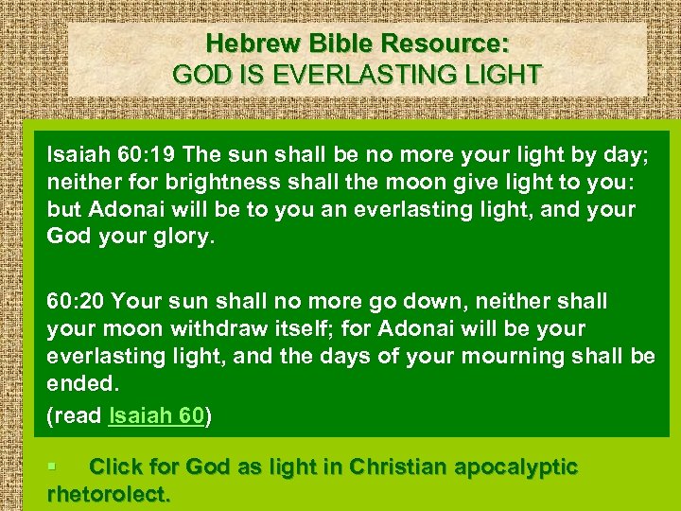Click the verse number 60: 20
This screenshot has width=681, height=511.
pyautogui.click(x=79, y=302)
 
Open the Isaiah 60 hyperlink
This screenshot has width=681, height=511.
pyautogui.click(x=157, y=415)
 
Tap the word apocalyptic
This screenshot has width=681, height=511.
pyautogui.click(x=515, y=467)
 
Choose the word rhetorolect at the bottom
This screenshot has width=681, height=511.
pyautogui.click(x=107, y=494)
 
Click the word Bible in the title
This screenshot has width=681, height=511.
pyautogui.click(x=341, y=44)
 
